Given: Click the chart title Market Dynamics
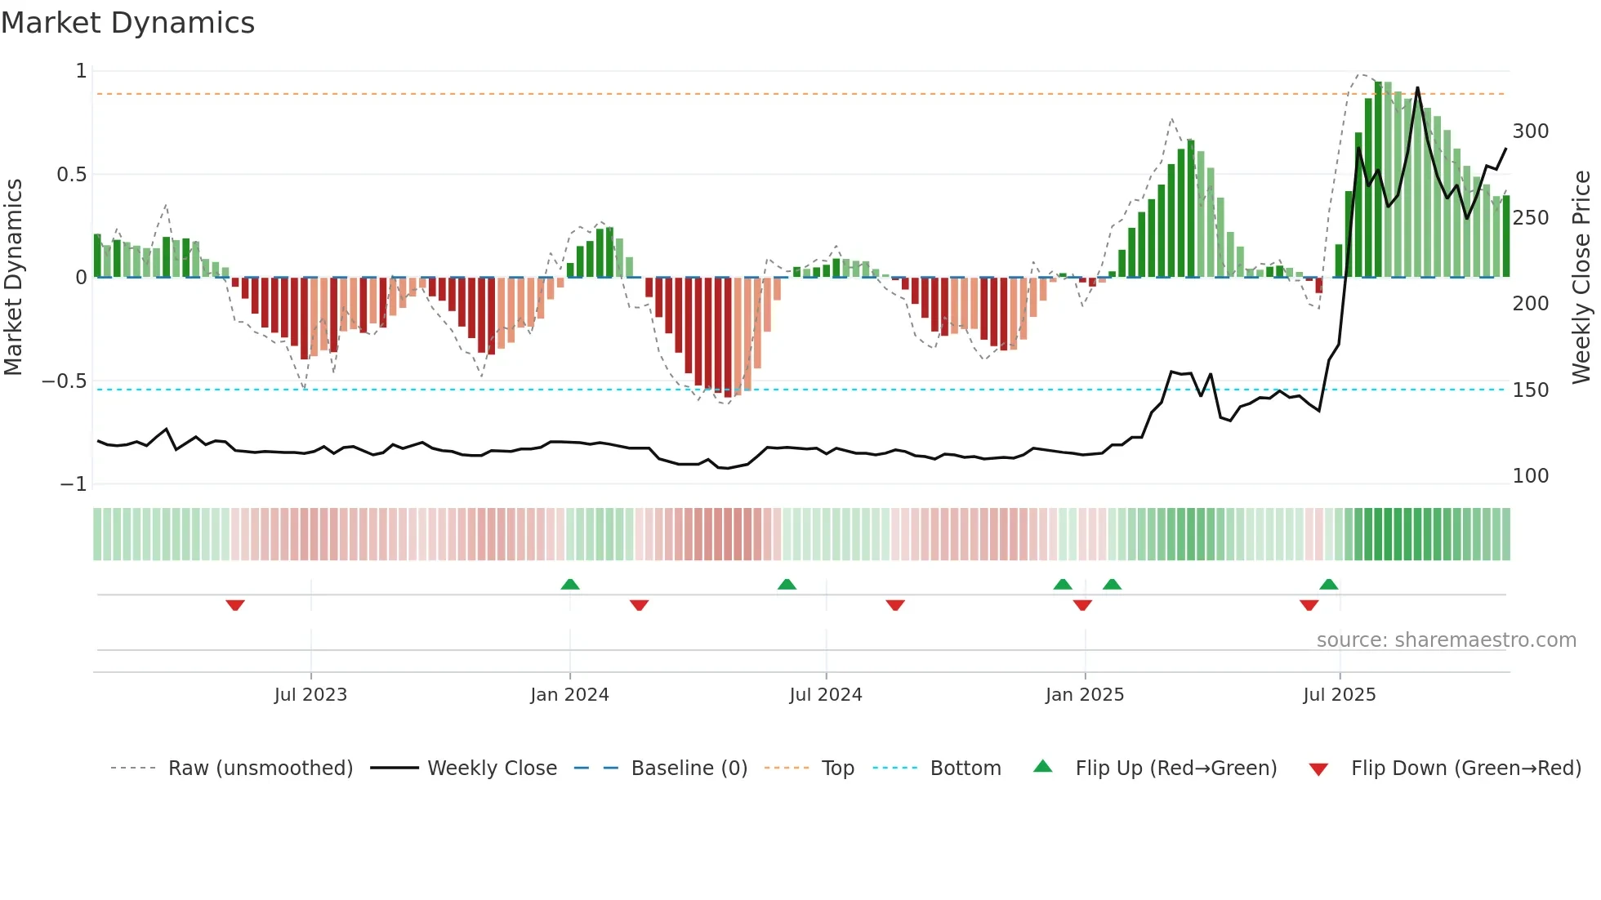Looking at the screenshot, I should coord(127,23).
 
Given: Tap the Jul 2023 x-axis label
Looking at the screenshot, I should coord(310,695).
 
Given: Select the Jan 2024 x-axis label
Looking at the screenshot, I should coord(569,695).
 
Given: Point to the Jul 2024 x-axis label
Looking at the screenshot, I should coord(825,695).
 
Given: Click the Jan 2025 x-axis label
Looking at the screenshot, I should coord(1084,695).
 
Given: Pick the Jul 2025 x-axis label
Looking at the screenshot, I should coord(1339,695).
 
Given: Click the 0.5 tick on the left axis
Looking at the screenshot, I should coord(71,175).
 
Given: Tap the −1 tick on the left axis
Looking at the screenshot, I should coord(74,484).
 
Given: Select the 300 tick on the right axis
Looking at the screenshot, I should coord(1530,131).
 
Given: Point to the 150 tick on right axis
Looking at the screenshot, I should coord(1530,390).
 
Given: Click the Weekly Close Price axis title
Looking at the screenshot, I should coord(1581,277).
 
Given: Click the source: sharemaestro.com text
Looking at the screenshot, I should coord(1446,640).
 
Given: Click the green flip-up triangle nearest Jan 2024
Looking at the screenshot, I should coord(570,585).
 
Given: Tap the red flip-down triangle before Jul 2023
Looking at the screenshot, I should coord(235,605).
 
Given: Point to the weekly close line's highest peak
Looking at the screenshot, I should coord(1417,88).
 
